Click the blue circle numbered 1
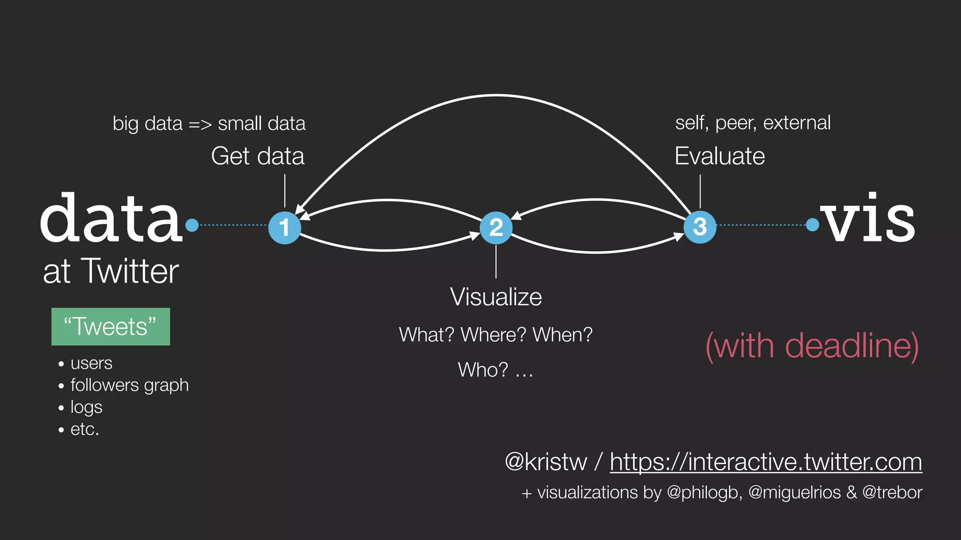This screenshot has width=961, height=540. (284, 227)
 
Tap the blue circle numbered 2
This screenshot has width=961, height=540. (496, 227)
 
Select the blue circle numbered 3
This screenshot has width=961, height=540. (700, 227)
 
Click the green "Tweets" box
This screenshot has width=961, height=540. (111, 327)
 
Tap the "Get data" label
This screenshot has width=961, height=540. (258, 156)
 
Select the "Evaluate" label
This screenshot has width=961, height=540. (719, 156)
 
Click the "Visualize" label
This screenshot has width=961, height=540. (496, 297)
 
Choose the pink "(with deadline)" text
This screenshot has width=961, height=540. (812, 346)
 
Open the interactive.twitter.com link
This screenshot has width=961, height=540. (766, 462)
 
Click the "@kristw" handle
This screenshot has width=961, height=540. (546, 462)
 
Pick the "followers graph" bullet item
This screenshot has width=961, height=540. (130, 385)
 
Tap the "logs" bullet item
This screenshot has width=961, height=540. (86, 407)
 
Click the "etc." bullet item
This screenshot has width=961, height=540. (85, 429)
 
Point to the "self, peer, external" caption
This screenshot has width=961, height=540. (753, 123)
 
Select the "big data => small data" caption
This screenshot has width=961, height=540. (209, 124)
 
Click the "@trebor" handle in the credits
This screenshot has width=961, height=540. (892, 493)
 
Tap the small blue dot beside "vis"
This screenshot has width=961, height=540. (812, 225)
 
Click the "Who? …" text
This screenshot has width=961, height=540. (496, 370)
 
